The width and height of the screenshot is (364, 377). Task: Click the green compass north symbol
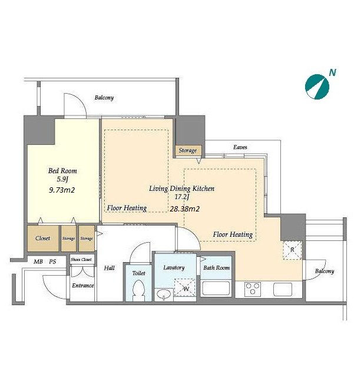coord(317,87)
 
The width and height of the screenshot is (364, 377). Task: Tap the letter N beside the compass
coord(333,72)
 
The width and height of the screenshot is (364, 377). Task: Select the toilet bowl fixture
coord(139,290)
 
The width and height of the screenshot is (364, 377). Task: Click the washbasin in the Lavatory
coord(164,294)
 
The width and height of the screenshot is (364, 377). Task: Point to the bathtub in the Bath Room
coord(216,288)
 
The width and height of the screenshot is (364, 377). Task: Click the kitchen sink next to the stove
coord(283,289)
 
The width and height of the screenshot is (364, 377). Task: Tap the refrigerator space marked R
coord(292,250)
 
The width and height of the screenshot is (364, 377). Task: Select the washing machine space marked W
coord(186,287)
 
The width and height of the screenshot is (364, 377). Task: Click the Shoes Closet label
coord(81,259)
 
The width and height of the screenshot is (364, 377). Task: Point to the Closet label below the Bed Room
coord(42,238)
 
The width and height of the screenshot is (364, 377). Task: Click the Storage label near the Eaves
coord(188,151)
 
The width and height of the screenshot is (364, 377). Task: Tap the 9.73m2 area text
coord(62,190)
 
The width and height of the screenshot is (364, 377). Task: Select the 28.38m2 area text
coord(184,209)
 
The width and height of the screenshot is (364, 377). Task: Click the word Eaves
coord(240,147)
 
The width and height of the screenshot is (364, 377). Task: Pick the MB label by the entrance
coord(38,262)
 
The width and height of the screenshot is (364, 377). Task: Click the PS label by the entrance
coord(52,262)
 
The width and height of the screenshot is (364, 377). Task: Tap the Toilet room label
coord(139,273)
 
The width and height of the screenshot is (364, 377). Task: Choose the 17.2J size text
coord(182,197)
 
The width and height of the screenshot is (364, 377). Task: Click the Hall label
coord(109,268)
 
